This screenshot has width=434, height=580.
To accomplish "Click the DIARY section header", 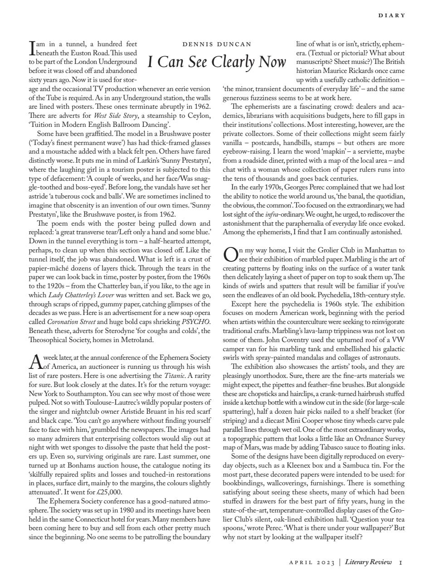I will pos(392,15).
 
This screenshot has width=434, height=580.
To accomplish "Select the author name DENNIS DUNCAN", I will pos(216,44).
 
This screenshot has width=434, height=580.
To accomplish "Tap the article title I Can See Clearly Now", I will pos(216,62).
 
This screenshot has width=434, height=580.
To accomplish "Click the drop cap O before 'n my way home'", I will pos(230,255).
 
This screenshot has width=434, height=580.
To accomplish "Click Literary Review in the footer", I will pos(368,562).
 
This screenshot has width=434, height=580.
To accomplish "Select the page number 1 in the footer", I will pos(401,562).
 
